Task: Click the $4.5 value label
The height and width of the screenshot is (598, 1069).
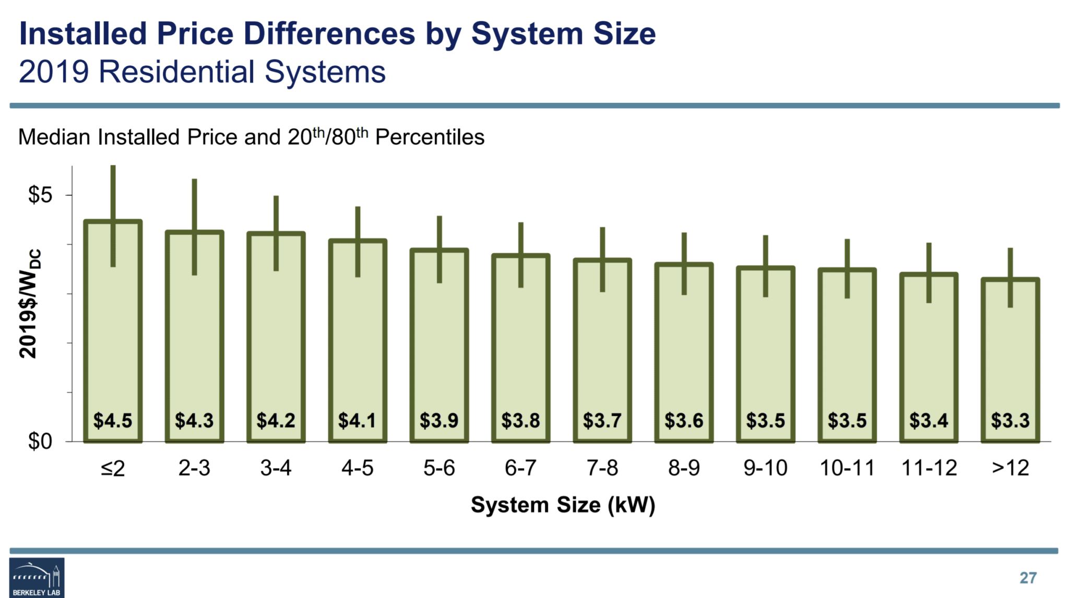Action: (x=113, y=420)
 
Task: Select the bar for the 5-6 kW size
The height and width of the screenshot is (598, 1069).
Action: (x=439, y=344)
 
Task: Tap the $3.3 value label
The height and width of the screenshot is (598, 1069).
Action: (x=1010, y=420)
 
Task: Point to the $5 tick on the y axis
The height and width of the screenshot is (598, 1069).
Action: (x=40, y=195)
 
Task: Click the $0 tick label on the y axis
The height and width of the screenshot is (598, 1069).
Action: (x=40, y=441)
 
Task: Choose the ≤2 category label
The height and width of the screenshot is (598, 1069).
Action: (x=113, y=468)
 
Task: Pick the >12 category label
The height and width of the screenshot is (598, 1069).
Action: (x=1010, y=468)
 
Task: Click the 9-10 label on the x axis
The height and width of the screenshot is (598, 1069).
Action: (x=765, y=468)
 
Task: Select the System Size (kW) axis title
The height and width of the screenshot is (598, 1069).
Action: (x=563, y=505)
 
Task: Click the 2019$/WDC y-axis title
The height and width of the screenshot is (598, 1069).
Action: (x=29, y=304)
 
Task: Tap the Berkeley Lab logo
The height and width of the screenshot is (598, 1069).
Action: (x=37, y=577)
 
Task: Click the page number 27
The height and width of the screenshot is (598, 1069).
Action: (x=1028, y=578)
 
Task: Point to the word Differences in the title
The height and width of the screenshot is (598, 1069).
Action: (x=329, y=34)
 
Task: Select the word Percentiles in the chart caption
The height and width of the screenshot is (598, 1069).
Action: (x=430, y=137)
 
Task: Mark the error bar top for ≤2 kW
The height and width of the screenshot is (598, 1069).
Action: (x=113, y=167)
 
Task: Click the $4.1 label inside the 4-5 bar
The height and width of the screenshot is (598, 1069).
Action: (x=357, y=420)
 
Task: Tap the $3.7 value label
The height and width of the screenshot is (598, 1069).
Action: (x=602, y=420)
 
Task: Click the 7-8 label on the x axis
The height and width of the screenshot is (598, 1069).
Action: (x=602, y=468)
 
